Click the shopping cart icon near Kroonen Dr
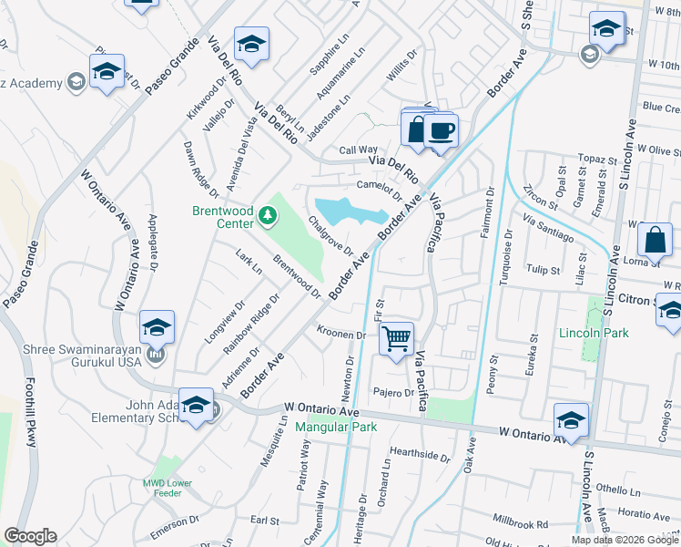(397, 338)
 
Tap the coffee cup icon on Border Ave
(441, 130)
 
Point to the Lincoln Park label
(594, 334)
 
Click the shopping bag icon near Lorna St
(655, 240)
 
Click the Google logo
(31, 535)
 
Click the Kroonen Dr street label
(340, 335)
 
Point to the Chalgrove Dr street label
(330, 235)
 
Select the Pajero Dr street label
(393, 393)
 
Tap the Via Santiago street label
(548, 229)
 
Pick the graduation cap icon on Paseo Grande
(107, 72)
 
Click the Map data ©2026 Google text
(625, 540)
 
